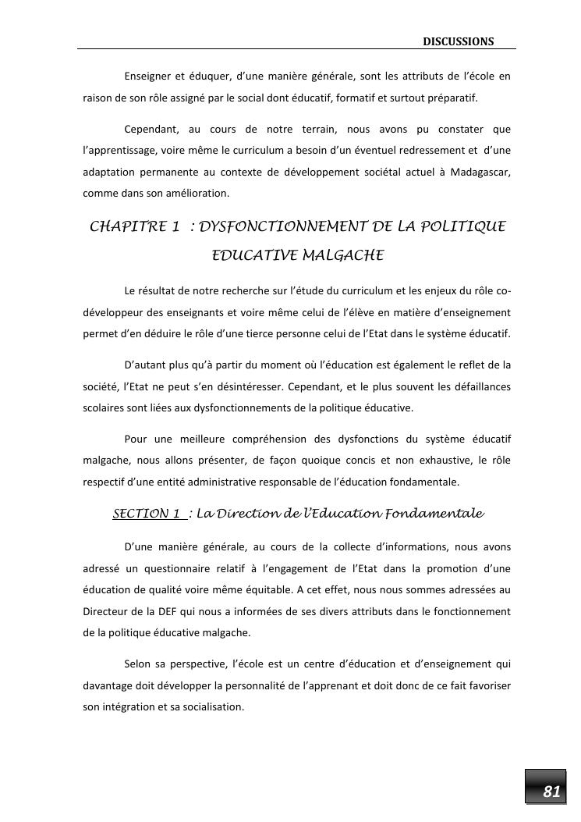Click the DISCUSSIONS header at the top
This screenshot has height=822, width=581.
click(459, 41)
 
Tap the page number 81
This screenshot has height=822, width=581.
click(551, 792)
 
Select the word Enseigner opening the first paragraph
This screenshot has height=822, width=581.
click(148, 76)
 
